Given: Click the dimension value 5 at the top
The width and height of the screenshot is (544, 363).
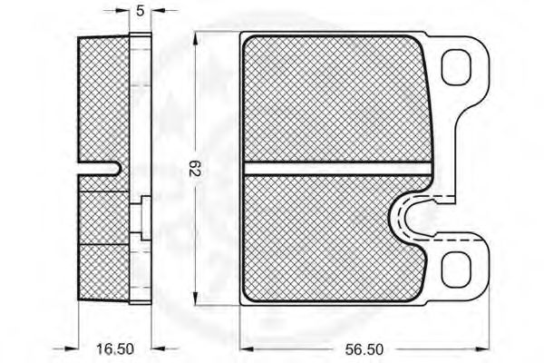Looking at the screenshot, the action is [x=140, y=11].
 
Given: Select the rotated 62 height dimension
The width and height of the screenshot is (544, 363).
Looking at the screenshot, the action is [x=195, y=169].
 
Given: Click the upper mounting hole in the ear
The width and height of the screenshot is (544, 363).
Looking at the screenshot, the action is [x=456, y=67].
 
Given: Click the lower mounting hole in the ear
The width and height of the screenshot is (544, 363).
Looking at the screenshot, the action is [x=456, y=270].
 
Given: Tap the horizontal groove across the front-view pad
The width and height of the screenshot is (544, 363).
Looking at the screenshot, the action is [x=337, y=169].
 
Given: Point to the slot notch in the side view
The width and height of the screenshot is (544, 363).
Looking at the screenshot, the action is [x=100, y=169].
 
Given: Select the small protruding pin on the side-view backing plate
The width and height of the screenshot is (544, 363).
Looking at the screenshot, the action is [x=145, y=218].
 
